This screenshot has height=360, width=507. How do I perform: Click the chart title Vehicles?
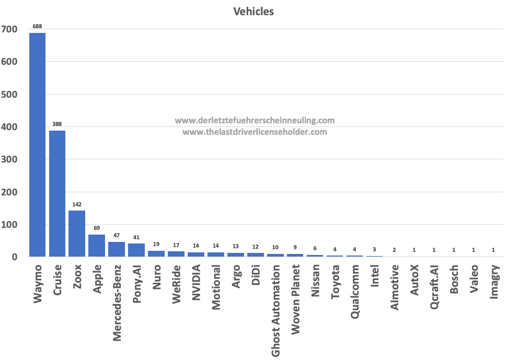[254, 11]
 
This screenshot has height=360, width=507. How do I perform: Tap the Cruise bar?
[57, 193]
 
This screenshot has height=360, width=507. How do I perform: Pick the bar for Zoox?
[77, 234]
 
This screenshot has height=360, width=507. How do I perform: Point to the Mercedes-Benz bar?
[117, 249]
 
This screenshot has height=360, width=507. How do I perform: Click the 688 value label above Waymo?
[37, 26]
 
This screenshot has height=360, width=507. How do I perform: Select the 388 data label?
[57, 124]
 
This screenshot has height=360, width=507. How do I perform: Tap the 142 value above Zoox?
[77, 204]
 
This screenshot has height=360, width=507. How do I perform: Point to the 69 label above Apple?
[97, 228]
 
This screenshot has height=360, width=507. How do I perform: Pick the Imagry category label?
[494, 285]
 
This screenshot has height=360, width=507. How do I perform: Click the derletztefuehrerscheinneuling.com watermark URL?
[255, 121]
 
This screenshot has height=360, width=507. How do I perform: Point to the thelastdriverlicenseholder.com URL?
[255, 132]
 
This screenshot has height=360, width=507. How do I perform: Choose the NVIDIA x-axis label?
[197, 283]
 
